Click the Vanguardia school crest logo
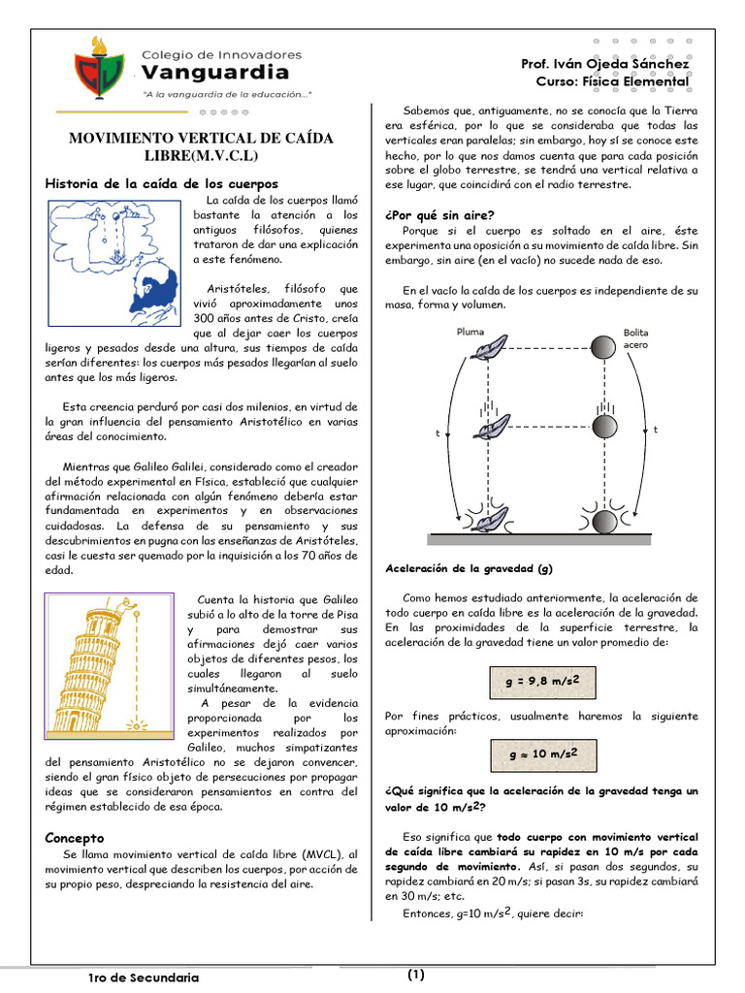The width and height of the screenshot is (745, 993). [100, 67]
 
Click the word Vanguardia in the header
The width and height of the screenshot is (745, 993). [214, 73]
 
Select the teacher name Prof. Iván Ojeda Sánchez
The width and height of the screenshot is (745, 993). [604, 64]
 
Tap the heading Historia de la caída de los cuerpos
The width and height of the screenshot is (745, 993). [162, 183]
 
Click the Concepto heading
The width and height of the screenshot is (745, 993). [75, 837]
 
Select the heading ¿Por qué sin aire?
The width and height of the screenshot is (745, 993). [439, 215]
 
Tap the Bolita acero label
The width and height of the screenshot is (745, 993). [636, 337]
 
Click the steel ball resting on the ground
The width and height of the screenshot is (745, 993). [603, 521]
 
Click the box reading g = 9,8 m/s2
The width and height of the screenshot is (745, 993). [542, 681]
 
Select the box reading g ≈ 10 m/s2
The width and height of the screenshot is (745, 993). [542, 753]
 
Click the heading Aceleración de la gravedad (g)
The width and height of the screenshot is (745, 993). [469, 568]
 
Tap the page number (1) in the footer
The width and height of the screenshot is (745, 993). [416, 975]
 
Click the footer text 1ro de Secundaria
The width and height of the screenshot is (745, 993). [144, 977]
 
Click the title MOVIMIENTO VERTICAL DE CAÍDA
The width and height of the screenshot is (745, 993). [201, 139]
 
